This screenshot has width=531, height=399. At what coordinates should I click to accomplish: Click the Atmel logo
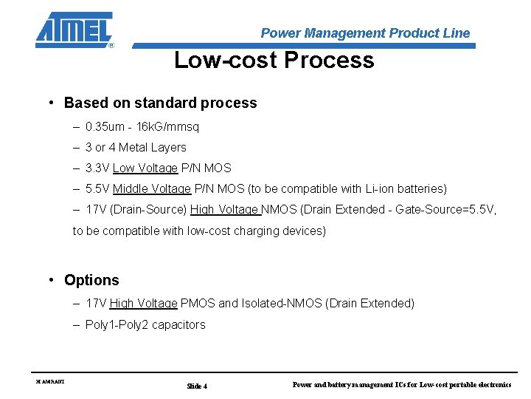coord(74,30)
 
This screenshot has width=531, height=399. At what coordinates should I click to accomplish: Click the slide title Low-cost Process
coord(274,60)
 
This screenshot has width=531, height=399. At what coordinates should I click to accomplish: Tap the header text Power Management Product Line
coord(365,33)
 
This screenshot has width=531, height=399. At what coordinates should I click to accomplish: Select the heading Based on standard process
coord(160,103)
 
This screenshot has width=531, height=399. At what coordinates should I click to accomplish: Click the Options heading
coord(91,280)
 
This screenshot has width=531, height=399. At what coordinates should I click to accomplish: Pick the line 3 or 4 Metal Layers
coord(136,148)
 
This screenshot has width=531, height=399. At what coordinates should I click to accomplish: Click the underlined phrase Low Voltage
coord(145,168)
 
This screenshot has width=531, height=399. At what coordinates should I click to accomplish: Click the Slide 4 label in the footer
coord(197,386)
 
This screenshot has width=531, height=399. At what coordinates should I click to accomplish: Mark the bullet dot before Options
coord(52,280)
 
